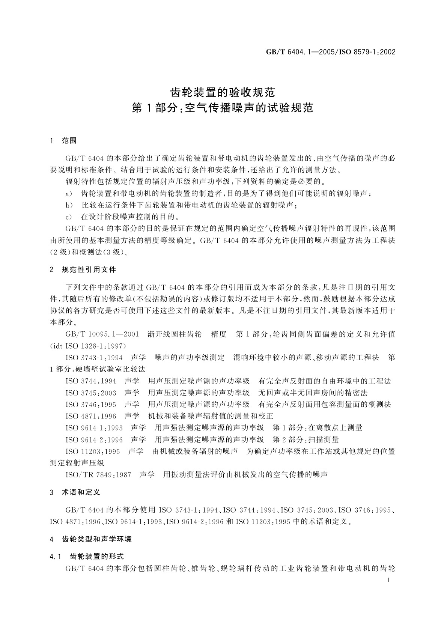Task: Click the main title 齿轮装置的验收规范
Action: point(223,92)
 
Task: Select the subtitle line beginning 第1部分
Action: point(223,108)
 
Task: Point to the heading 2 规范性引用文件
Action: point(83,269)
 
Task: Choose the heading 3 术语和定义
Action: point(75,492)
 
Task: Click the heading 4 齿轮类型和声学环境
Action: point(91,539)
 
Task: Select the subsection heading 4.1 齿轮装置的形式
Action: point(87,556)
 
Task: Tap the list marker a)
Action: point(69,194)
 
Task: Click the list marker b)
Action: point(69,205)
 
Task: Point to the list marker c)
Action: point(69,217)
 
